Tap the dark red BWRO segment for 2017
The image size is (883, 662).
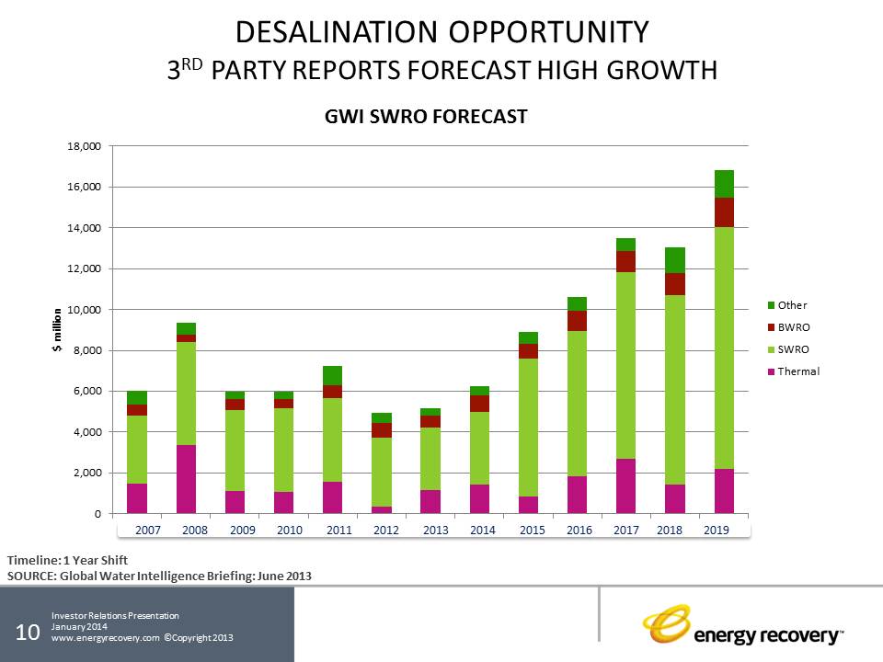[625, 261]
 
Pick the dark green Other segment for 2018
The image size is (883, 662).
[676, 260]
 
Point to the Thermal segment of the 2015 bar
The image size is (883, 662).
[528, 505]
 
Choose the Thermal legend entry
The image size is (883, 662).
[797, 371]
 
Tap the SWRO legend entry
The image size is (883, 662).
[792, 349]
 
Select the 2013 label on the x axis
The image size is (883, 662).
[435, 531]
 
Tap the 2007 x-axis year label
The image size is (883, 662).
[148, 531]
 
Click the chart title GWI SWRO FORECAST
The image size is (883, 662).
[425, 117]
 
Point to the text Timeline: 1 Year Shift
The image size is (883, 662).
[66, 560]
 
